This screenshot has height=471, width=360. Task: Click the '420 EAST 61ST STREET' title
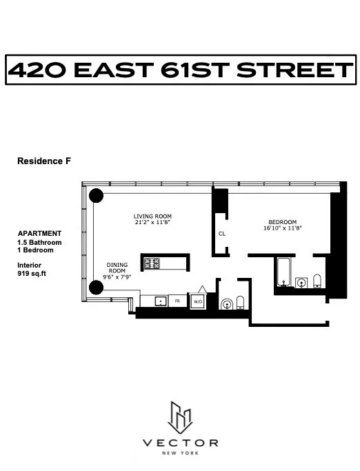point(179,70)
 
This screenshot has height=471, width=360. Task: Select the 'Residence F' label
point(44,161)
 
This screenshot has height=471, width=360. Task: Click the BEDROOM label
point(282,221)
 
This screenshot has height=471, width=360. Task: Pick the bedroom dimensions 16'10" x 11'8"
point(282,228)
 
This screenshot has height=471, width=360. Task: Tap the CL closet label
point(221,234)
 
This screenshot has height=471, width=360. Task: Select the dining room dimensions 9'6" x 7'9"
point(118,277)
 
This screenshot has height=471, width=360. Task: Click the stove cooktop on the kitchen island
point(152,262)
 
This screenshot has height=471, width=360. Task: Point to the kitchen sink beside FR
point(159,301)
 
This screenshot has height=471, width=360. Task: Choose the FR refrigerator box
point(177,301)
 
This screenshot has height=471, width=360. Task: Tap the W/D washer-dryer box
point(197,301)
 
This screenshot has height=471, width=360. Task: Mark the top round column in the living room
point(96,197)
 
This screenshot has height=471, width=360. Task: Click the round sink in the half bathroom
point(227,303)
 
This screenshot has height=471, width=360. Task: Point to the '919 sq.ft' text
point(32,274)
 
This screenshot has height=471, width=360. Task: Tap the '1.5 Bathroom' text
point(39,243)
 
